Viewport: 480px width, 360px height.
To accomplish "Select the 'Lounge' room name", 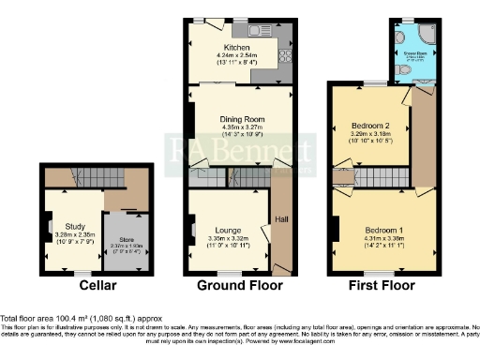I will (228, 230).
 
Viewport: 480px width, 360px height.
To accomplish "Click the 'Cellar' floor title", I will (97, 285).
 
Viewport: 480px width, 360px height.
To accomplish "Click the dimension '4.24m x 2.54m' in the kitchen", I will (234, 55).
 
